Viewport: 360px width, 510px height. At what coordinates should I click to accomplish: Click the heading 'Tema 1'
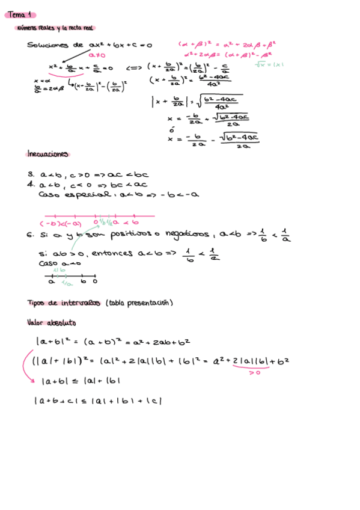pyautogui.click(x=23, y=14)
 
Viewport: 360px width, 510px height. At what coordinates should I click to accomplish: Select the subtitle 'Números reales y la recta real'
pyautogui.click(x=56, y=28)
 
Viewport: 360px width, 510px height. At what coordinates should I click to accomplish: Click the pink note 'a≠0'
pyautogui.click(x=97, y=55)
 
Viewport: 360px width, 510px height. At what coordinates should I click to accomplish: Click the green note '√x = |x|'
pyautogui.click(x=269, y=64)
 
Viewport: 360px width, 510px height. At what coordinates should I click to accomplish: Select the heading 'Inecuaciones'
pyautogui.click(x=47, y=154)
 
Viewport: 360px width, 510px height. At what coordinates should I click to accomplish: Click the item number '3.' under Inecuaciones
pyautogui.click(x=31, y=174)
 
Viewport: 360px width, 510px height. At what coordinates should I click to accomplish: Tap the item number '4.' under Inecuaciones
pyautogui.click(x=31, y=185)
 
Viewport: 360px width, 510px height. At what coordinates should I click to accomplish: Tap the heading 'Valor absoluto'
pyautogui.click(x=51, y=323)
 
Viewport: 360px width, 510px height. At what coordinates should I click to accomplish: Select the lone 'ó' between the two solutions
pyautogui.click(x=171, y=129)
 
